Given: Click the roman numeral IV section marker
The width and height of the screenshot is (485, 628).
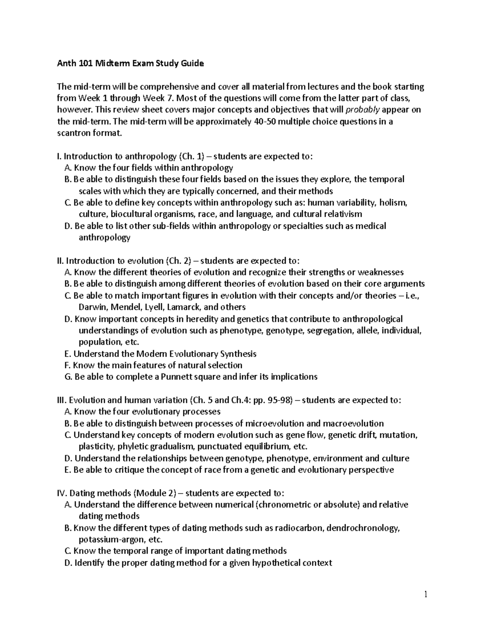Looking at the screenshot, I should coord(62,493).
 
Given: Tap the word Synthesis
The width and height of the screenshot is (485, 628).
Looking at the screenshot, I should coord(238,354).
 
